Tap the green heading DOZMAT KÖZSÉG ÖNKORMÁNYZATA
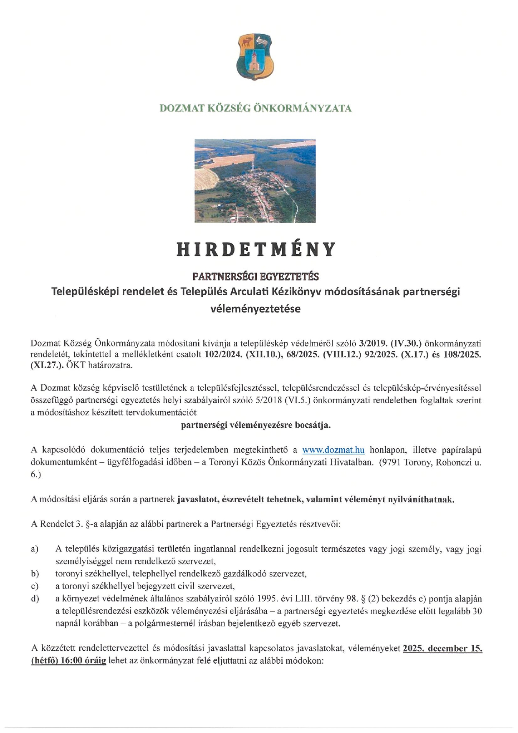coord(255,109)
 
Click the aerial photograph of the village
coord(255,181)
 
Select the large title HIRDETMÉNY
coord(256,249)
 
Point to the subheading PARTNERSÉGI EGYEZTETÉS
coord(255,276)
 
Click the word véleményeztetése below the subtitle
coord(255,309)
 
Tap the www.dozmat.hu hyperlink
coord(333,450)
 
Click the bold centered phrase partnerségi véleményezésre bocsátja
coord(255,425)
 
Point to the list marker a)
coord(35,549)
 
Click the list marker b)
coord(35,574)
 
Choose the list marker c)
coord(35,586)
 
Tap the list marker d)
coord(35,599)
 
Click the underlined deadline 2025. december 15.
coord(442,649)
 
